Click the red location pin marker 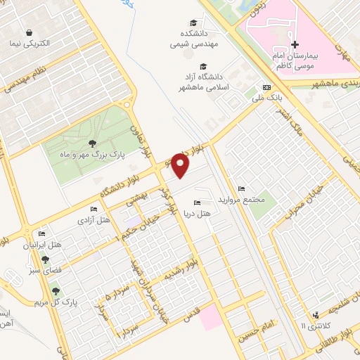pos(181,166)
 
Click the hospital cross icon pos(295,45)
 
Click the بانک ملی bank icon pos(266,87)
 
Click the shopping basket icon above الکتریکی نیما pos(30,32)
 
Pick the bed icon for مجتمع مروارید pos(241,189)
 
